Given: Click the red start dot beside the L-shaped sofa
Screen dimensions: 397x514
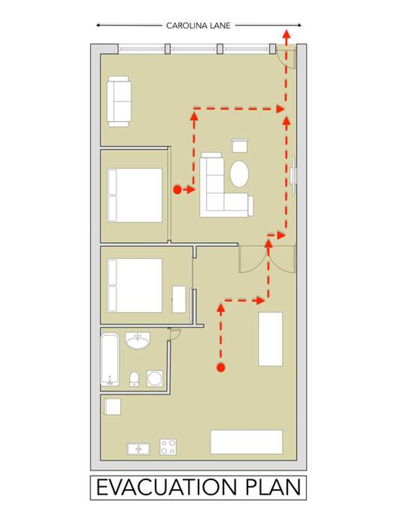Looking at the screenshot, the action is pos(177,189).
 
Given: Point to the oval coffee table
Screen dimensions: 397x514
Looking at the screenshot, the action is pos(239,174).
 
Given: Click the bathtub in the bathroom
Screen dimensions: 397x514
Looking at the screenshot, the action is pos(110,359).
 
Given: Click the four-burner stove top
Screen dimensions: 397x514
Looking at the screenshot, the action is pos(168,447).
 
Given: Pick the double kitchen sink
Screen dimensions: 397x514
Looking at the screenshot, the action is pos(138,449).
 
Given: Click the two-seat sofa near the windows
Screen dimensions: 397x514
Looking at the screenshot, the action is pos(119,101).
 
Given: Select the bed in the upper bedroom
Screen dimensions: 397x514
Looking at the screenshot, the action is pos(135,195).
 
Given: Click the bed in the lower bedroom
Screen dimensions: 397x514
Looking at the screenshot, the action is pos(135,285).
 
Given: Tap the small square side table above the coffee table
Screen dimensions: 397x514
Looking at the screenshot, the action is pos(239,146).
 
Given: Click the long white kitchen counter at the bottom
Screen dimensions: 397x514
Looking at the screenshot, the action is pos(247,442).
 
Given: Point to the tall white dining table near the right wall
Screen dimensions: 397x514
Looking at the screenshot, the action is pos(270,339).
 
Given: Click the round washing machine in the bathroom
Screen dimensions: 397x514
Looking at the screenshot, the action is pos(154,378).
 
